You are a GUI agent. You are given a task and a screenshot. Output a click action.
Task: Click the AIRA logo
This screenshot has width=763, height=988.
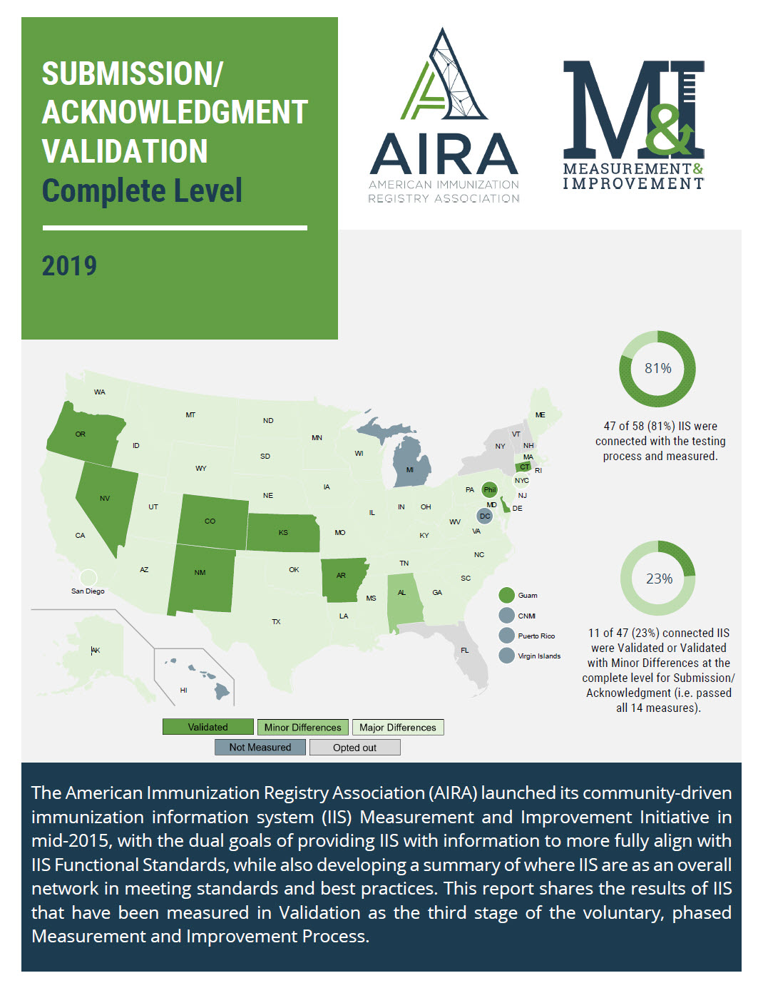tap(444, 116)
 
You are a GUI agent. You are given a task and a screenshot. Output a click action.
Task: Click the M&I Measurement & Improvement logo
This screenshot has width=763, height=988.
tap(633, 125)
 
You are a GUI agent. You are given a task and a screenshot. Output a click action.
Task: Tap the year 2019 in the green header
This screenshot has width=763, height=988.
tap(69, 265)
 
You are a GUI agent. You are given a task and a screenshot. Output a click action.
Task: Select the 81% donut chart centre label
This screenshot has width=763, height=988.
tap(657, 368)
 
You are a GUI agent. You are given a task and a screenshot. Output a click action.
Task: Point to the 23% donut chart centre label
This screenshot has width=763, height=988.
tap(659, 579)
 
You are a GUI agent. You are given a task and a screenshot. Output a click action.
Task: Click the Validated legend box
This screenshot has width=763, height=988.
tap(208, 727)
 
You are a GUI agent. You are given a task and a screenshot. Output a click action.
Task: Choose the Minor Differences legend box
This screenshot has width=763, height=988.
tap(302, 727)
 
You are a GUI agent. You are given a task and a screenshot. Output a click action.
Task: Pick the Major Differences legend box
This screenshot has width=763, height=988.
tap(397, 727)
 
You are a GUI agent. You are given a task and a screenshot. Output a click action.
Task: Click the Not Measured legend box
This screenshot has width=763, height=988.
tap(260, 747)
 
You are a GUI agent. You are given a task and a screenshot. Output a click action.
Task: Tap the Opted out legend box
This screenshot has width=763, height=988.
tap(354, 747)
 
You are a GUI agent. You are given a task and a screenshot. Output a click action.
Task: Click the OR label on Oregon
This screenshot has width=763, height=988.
tap(81, 434)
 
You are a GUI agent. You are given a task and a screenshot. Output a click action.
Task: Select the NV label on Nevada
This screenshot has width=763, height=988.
tap(105, 498)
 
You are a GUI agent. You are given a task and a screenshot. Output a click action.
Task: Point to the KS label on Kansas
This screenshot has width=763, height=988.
tap(283, 532)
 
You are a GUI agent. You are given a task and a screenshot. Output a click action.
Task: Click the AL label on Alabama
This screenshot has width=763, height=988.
tap(401, 592)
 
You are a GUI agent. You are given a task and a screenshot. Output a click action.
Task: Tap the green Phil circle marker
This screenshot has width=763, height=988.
tap(490, 489)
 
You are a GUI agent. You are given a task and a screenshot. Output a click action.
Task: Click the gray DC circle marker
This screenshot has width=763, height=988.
tap(485, 516)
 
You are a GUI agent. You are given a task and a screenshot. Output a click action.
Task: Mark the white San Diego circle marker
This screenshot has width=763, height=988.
tap(88, 577)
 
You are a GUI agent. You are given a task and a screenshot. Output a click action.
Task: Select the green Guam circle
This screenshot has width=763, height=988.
tap(506, 595)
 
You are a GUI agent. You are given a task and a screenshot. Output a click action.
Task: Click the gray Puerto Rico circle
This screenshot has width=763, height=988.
tap(506, 636)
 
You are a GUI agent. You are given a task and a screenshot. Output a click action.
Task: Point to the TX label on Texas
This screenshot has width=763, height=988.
tap(276, 621)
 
